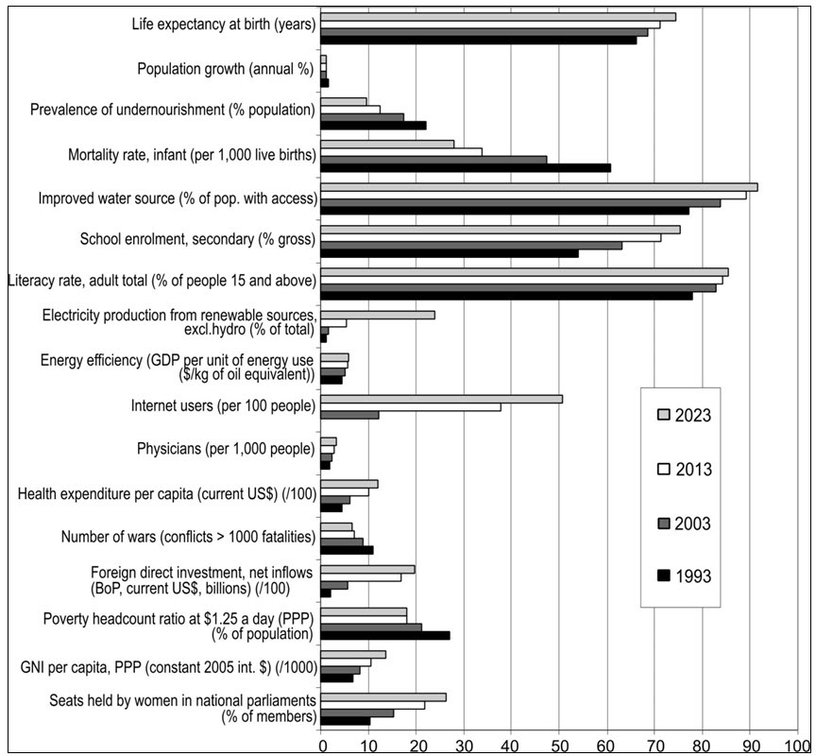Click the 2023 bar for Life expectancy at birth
click(498, 17)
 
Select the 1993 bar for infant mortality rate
click(466, 167)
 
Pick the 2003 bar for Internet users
click(349, 415)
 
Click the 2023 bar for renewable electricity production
click(378, 315)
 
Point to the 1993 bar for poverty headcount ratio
click(385, 635)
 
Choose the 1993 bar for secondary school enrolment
click(450, 253)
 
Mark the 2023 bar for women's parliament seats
click(383, 697)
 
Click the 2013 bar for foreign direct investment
click(361, 577)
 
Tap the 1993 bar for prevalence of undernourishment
click(373, 125)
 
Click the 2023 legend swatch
click(664, 415)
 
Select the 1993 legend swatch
click(664, 576)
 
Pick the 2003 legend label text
click(692, 523)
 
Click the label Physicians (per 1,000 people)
click(226, 448)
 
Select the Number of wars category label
click(188, 536)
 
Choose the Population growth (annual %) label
click(226, 69)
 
